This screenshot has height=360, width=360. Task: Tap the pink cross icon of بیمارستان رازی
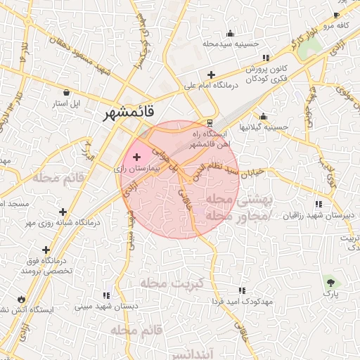pyautogui.click(x=136, y=156)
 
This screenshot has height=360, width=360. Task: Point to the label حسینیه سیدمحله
pyautogui.click(x=231, y=44)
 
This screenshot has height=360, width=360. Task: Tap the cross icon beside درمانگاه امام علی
pyautogui.click(x=211, y=75)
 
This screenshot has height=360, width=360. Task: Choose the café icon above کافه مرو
pyautogui.click(x=336, y=15)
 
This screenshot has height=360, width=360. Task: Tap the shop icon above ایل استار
pyautogui.click(x=66, y=92)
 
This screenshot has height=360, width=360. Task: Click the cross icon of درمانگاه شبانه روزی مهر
pyautogui.click(x=63, y=211)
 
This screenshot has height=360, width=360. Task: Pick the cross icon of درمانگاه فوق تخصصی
pyautogui.click(x=46, y=250)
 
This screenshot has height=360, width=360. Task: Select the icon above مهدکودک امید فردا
pyautogui.click(x=242, y=290)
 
